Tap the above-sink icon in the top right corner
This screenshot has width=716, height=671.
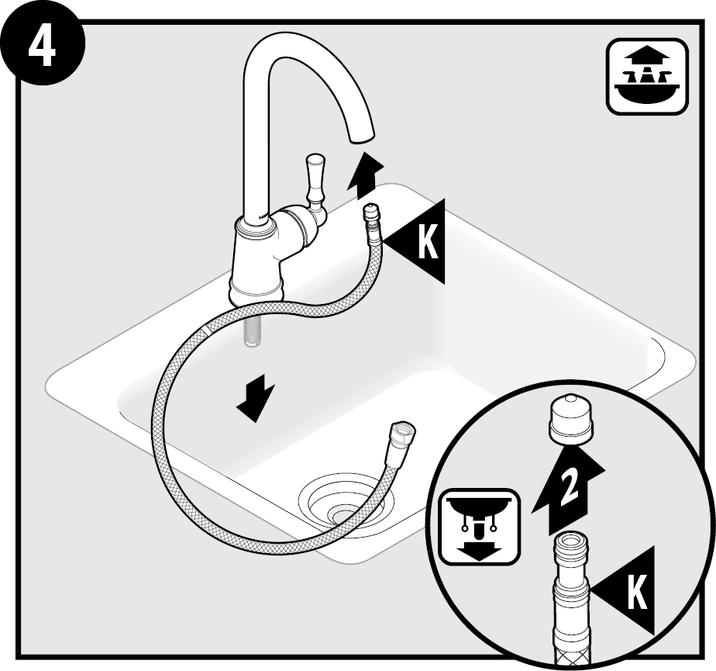click(647, 77)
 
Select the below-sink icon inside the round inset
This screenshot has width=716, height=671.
click(480, 527)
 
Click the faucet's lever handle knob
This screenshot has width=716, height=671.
click(315, 183)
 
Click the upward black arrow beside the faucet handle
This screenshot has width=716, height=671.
click(365, 176)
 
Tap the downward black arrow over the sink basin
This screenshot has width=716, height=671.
click(256, 396)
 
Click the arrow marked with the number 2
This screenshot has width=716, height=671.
click(569, 490)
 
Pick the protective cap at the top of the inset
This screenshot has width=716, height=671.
click(571, 420)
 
